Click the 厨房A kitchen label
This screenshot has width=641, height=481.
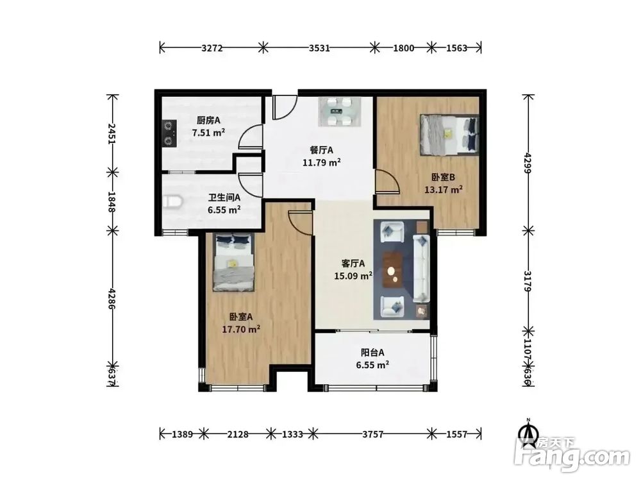(208, 121)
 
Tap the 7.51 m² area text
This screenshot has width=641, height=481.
(208, 133)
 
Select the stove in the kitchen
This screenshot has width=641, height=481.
(170, 133)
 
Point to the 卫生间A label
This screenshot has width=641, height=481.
(224, 198)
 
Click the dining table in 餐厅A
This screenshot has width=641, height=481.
(340, 111)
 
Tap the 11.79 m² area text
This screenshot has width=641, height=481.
(322, 162)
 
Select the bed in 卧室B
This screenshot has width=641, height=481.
(449, 135)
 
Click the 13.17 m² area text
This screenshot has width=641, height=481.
(444, 190)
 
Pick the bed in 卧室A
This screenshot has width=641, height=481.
(233, 262)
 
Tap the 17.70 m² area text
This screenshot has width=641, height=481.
(241, 329)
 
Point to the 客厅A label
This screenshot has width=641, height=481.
(353, 264)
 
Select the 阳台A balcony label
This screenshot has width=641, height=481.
(372, 353)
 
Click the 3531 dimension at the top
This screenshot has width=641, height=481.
(319, 48)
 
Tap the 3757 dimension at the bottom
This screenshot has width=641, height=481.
(372, 434)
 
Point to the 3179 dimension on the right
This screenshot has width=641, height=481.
(528, 281)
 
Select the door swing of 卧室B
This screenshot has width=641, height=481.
(387, 181)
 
